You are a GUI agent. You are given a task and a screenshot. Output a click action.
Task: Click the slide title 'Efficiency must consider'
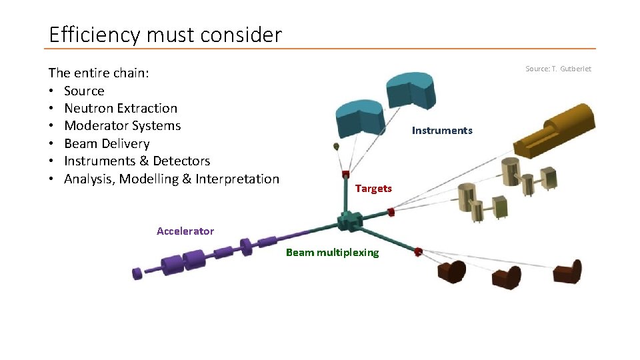(x=165, y=35)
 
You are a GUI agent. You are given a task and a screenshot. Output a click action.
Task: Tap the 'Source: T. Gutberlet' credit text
(x=558, y=69)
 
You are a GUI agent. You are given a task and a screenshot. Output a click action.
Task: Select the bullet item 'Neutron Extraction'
(x=121, y=108)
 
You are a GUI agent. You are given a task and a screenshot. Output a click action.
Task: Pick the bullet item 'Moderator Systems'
(x=122, y=125)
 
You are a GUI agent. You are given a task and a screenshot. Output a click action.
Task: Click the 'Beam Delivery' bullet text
(x=107, y=143)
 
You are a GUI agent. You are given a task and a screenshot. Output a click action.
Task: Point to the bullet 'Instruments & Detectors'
(x=137, y=161)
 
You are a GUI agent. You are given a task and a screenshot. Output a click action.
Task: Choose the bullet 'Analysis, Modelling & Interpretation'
(x=171, y=179)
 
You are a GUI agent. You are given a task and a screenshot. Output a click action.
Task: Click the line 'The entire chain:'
(x=99, y=73)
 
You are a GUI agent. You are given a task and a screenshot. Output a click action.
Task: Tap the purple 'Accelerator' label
(x=185, y=231)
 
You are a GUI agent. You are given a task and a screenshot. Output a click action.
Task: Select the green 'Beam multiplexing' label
(x=332, y=252)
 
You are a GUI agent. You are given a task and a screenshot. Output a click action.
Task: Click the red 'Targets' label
(x=373, y=189)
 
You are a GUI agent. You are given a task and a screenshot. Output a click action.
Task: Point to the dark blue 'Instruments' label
(x=442, y=131)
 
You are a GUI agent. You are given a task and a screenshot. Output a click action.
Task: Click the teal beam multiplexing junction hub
(x=349, y=221)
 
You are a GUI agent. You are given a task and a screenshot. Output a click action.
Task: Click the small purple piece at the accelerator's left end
(x=137, y=273)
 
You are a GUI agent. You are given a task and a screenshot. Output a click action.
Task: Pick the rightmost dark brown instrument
(x=568, y=272)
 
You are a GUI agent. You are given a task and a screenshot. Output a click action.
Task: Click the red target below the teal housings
(x=346, y=175)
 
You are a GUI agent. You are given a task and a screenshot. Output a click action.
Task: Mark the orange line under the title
(x=320, y=49)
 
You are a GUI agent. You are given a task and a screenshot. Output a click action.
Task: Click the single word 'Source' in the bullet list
(x=84, y=91)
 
